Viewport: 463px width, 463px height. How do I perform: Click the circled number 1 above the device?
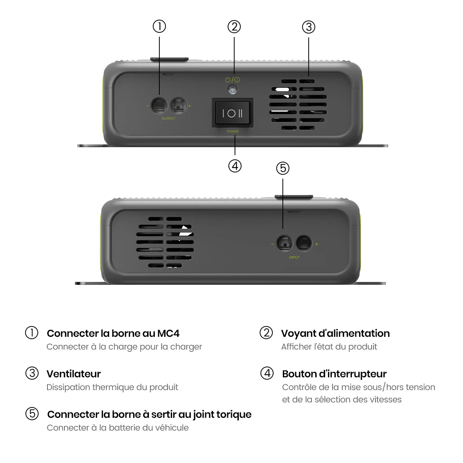(159, 27)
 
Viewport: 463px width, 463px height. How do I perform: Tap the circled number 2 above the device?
(234, 27)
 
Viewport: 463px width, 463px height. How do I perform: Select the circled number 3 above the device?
(309, 27)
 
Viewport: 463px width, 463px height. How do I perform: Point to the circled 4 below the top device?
(235, 166)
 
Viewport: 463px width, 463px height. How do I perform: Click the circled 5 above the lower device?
(282, 168)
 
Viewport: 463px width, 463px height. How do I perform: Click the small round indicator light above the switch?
(232, 90)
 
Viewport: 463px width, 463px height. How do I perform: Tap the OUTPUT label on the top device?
(168, 118)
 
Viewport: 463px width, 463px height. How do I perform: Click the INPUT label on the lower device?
(294, 257)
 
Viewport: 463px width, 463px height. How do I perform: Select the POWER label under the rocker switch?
(233, 132)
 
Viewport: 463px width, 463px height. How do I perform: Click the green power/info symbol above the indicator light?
(232, 79)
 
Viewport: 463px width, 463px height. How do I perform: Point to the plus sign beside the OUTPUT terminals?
(189, 106)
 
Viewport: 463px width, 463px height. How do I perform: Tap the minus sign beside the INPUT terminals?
(272, 244)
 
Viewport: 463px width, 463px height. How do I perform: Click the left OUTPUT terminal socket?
(159, 106)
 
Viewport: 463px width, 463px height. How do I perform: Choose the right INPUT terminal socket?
(304, 243)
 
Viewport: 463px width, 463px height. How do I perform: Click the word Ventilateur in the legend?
(74, 374)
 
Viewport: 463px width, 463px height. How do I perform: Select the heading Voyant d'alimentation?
(335, 333)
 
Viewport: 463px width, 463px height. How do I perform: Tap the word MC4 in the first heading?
(168, 333)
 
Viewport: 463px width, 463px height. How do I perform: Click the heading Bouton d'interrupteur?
(334, 374)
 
